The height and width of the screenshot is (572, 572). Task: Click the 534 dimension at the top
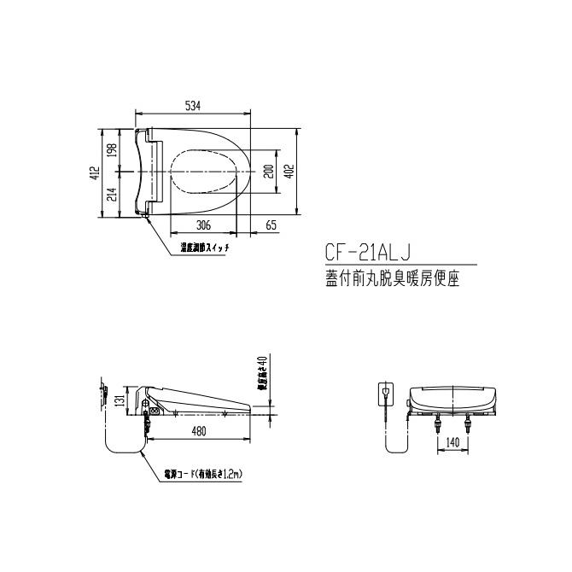coord(193,107)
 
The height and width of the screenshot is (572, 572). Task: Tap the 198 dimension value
coord(112,151)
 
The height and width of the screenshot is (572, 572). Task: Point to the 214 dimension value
coord(112,194)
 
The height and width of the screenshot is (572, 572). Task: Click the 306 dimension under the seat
coord(203,225)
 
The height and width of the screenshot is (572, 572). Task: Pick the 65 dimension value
coord(271,225)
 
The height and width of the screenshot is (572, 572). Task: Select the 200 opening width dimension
coord(269,172)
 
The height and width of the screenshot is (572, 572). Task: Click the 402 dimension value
coord(289,172)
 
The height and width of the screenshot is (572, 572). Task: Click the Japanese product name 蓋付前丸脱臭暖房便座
coord(393,279)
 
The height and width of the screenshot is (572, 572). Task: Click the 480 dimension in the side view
coord(198,431)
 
